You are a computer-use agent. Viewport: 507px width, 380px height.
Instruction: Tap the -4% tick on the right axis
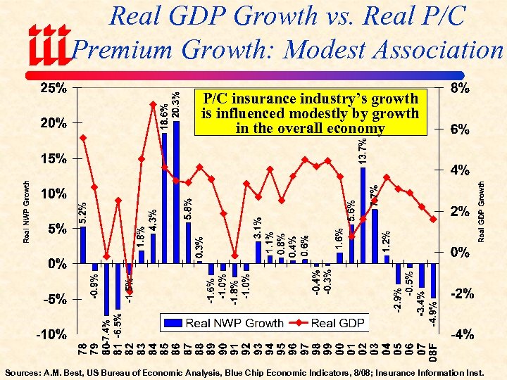tap(462, 335)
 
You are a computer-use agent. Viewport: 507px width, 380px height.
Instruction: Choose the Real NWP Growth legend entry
tap(225, 323)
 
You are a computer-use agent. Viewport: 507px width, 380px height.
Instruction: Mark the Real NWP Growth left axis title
tap(27, 212)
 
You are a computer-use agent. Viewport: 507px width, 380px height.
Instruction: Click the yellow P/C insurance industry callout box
tap(310, 113)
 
